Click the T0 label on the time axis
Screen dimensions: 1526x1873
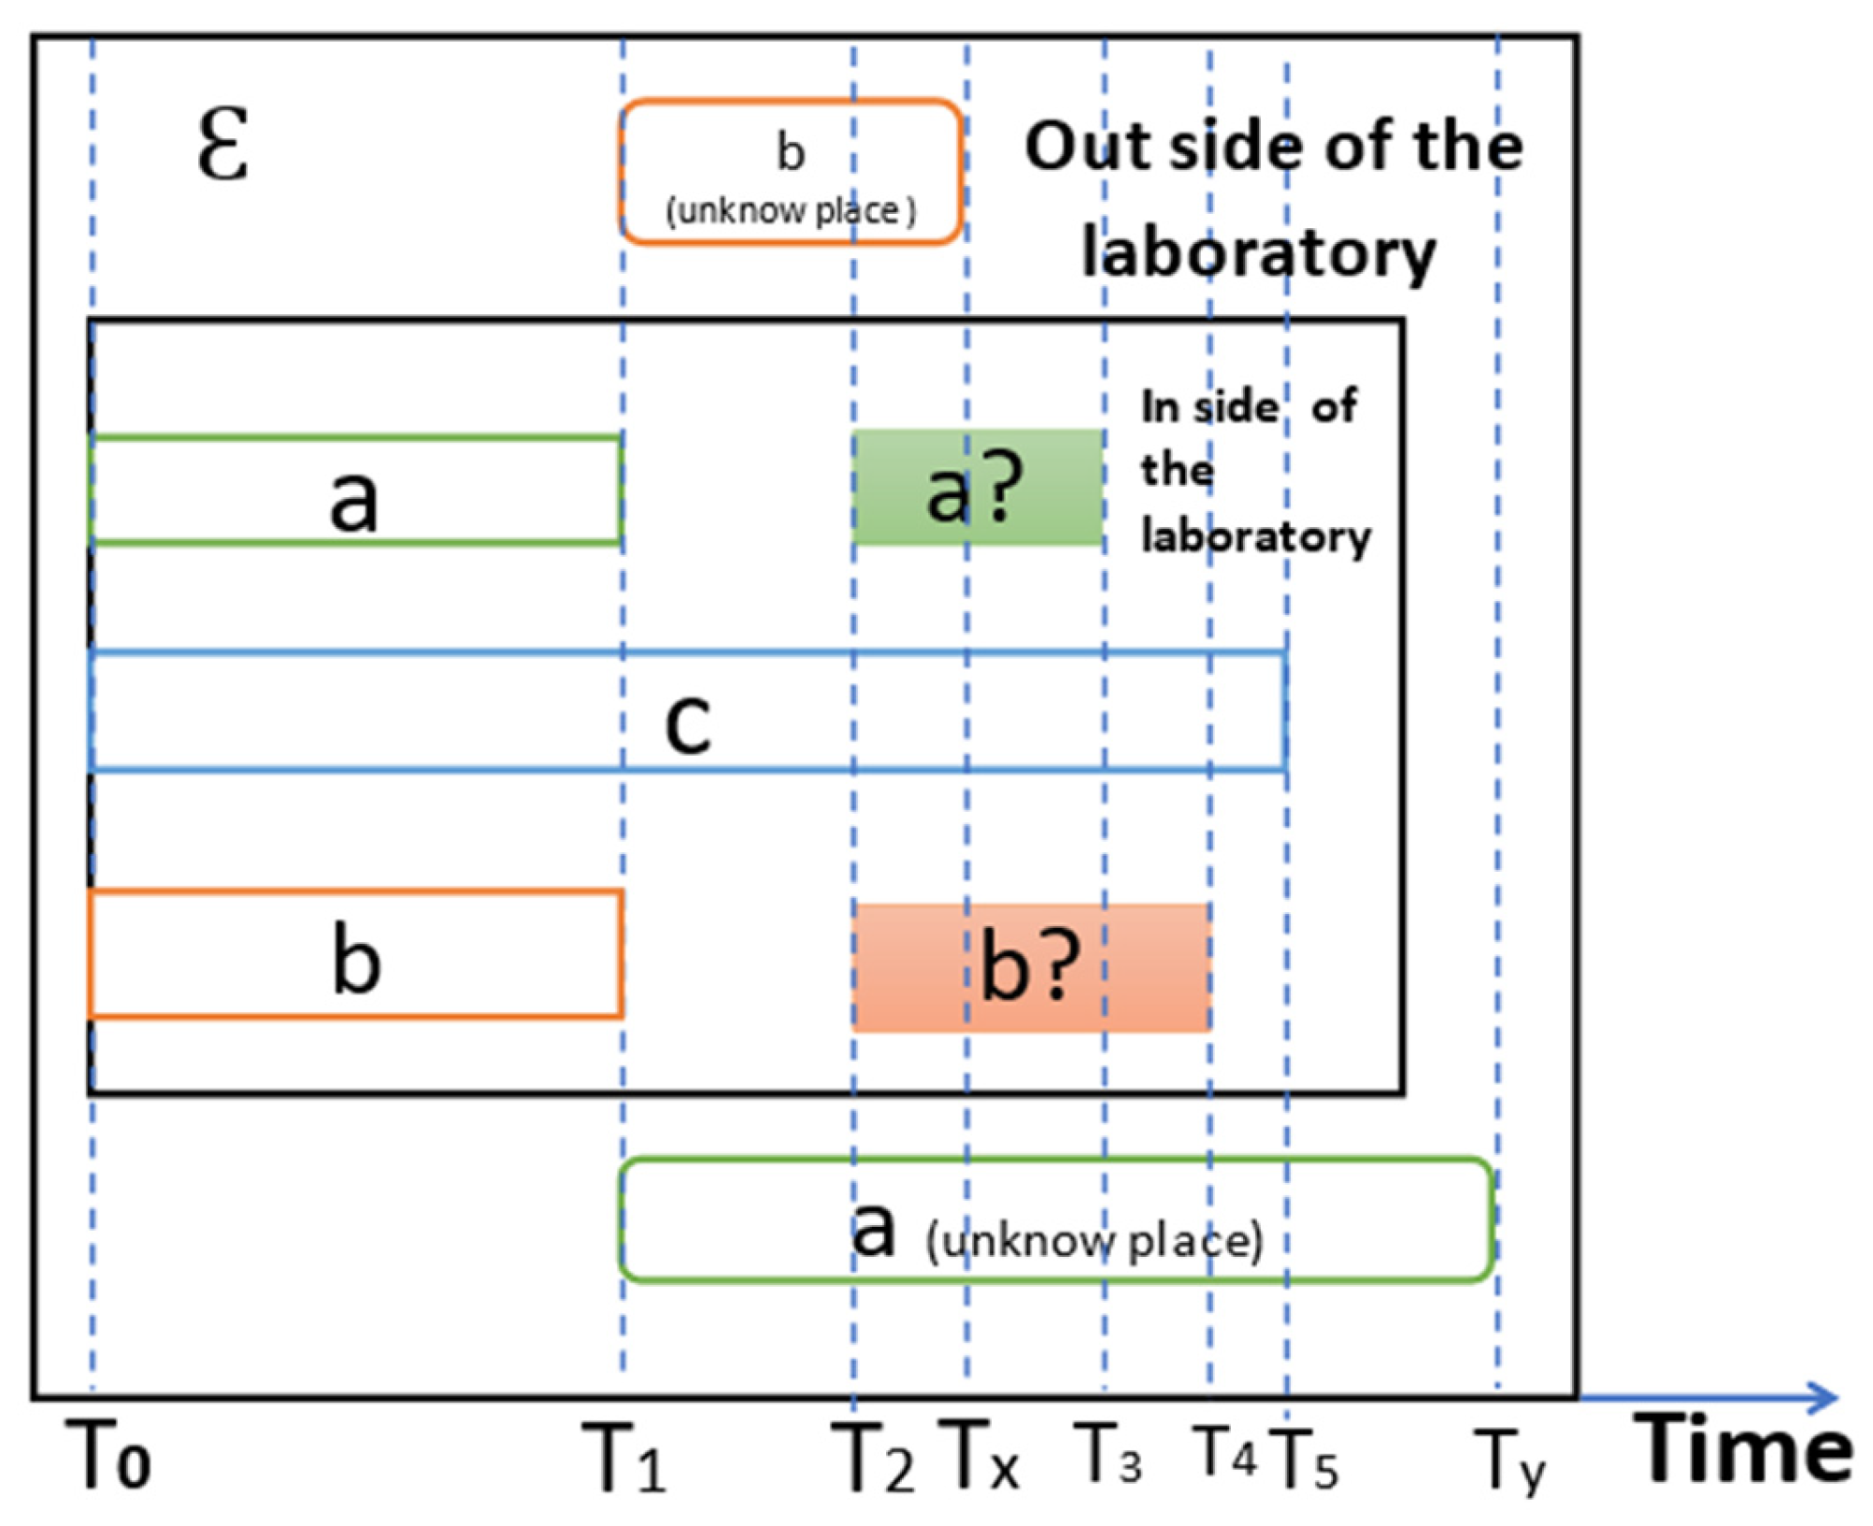click(108, 1455)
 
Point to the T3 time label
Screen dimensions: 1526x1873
click(1108, 1454)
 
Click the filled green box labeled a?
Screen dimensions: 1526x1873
click(978, 487)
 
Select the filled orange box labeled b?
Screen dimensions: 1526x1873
click(1031, 967)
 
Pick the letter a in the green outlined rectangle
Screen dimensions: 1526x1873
click(354, 500)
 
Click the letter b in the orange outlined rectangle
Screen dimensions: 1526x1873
click(356, 959)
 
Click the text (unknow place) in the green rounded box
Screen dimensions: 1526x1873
click(1094, 1241)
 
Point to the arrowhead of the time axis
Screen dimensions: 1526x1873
click(1823, 1398)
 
